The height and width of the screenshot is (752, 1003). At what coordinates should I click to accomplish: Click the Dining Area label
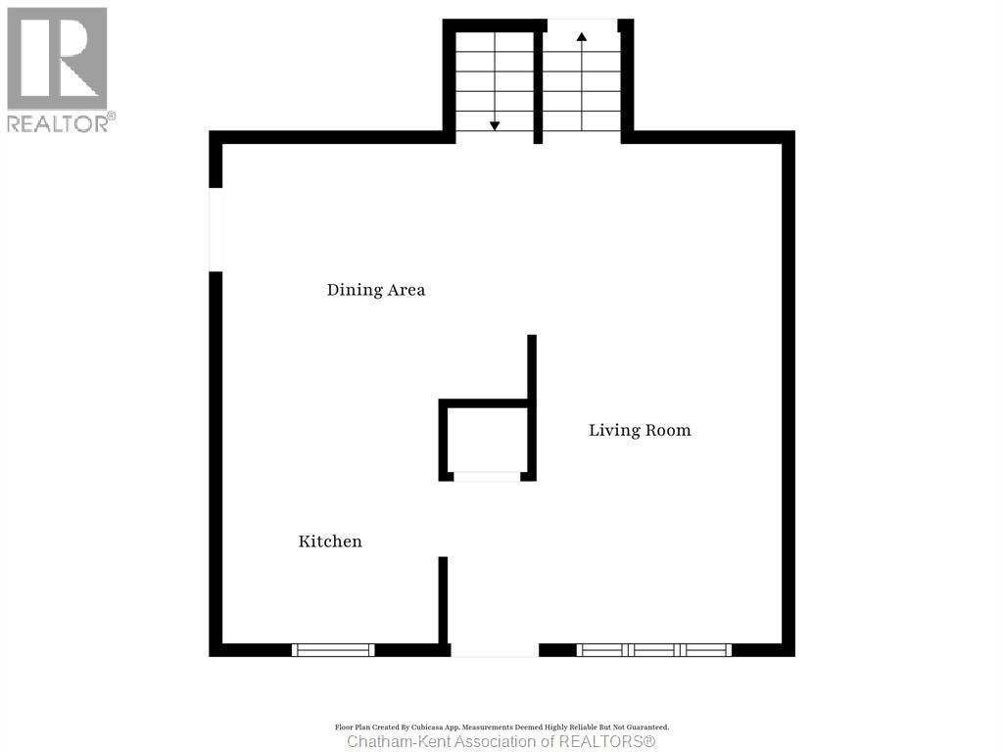click(376, 290)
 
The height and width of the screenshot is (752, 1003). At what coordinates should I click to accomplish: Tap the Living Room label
click(640, 430)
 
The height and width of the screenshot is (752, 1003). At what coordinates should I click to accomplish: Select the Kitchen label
click(330, 541)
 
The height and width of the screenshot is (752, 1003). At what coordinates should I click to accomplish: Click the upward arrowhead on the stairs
click(582, 37)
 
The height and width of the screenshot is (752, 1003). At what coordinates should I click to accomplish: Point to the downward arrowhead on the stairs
click(495, 125)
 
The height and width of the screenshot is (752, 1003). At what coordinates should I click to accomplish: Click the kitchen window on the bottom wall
click(334, 649)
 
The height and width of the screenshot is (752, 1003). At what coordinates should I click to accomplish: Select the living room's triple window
click(654, 649)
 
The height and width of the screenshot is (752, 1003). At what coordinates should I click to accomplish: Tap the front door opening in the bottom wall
click(495, 649)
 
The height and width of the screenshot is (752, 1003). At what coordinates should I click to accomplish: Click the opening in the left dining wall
click(215, 229)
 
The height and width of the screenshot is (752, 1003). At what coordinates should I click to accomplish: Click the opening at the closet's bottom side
click(487, 477)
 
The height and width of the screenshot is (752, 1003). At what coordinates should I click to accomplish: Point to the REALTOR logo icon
click(57, 58)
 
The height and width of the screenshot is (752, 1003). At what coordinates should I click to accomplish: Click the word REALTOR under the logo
click(57, 123)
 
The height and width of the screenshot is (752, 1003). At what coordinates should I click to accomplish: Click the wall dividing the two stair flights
click(538, 83)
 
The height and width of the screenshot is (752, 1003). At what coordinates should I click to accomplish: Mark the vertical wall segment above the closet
click(532, 367)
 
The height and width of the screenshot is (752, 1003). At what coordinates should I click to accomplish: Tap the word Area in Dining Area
click(406, 290)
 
